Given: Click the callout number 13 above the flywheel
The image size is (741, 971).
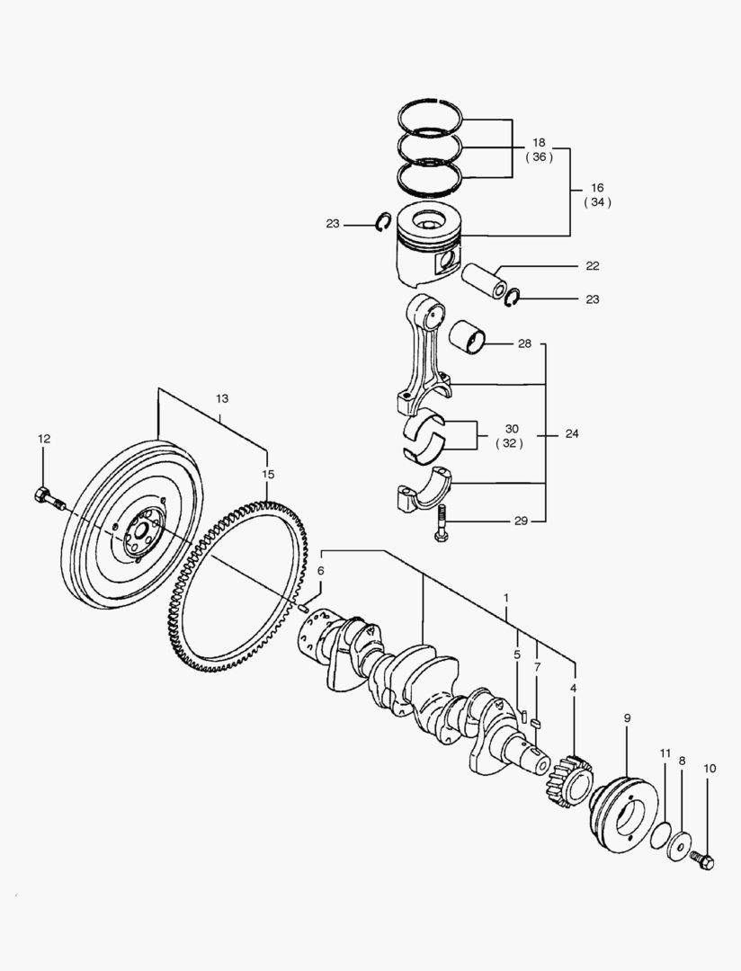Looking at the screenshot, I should pyautogui.click(x=222, y=398).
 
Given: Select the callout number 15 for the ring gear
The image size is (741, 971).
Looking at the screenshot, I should pyautogui.click(x=267, y=474).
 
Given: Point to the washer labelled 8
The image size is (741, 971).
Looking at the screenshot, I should pyautogui.click(x=680, y=846).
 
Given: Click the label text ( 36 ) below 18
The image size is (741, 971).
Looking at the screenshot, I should pyautogui.click(x=539, y=156).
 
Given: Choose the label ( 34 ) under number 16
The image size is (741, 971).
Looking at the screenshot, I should pyautogui.click(x=597, y=202).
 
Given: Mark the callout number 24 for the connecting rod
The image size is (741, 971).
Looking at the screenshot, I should pyautogui.click(x=572, y=433).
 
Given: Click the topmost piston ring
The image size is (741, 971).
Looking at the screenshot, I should pyautogui.click(x=431, y=111).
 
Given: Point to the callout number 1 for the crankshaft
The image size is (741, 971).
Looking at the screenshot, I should pyautogui.click(x=506, y=598).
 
